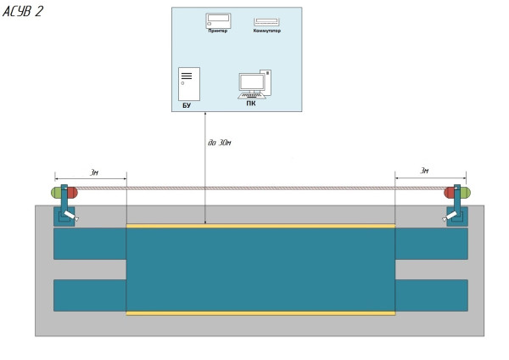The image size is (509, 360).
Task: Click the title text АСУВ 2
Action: [x=23, y=11]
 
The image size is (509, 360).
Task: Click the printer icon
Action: [x=218, y=20]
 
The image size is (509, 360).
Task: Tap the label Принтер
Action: [x=218, y=31]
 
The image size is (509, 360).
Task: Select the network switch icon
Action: [x=266, y=21]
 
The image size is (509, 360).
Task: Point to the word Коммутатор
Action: [x=266, y=31]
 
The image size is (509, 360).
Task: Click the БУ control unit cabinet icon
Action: [x=188, y=84]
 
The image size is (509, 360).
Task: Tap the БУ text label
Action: [x=187, y=105]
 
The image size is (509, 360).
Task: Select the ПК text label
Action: [x=251, y=103]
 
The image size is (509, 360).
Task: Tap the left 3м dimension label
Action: [x=94, y=172]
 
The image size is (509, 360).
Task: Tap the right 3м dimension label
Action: [x=425, y=171]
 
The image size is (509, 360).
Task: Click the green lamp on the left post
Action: [x=56, y=193]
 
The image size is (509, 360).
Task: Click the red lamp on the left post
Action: [x=72, y=193]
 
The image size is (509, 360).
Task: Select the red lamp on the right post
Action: [x=450, y=193]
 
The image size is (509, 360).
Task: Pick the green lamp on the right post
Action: [x=465, y=193]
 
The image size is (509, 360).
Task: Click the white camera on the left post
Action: [x=77, y=219]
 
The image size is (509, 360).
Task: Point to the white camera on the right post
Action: [x=445, y=219]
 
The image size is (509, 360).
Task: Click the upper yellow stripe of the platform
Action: [x=260, y=226]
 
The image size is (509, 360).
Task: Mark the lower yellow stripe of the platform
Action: [x=260, y=313]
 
